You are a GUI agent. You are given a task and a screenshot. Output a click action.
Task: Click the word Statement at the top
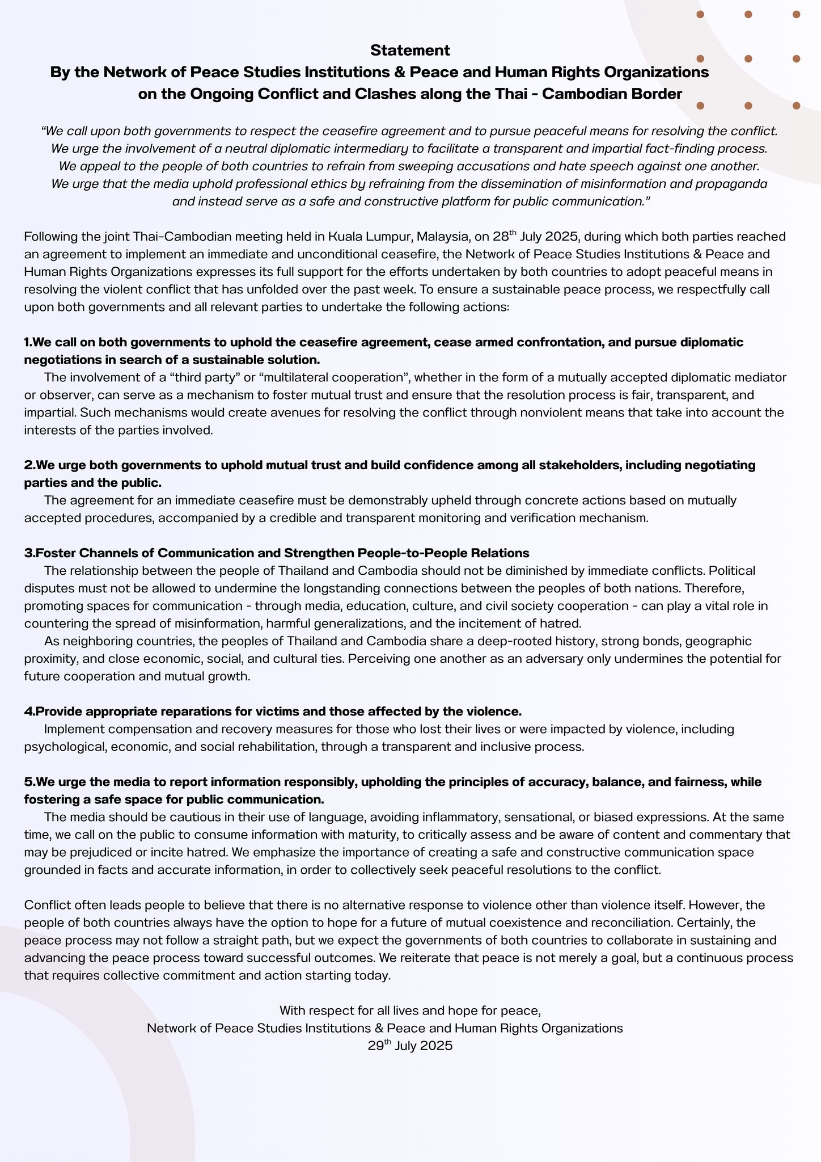click(x=410, y=50)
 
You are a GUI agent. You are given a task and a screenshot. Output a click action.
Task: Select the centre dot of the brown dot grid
click(x=748, y=59)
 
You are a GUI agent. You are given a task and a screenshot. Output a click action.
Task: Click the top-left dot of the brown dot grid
click(x=700, y=15)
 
